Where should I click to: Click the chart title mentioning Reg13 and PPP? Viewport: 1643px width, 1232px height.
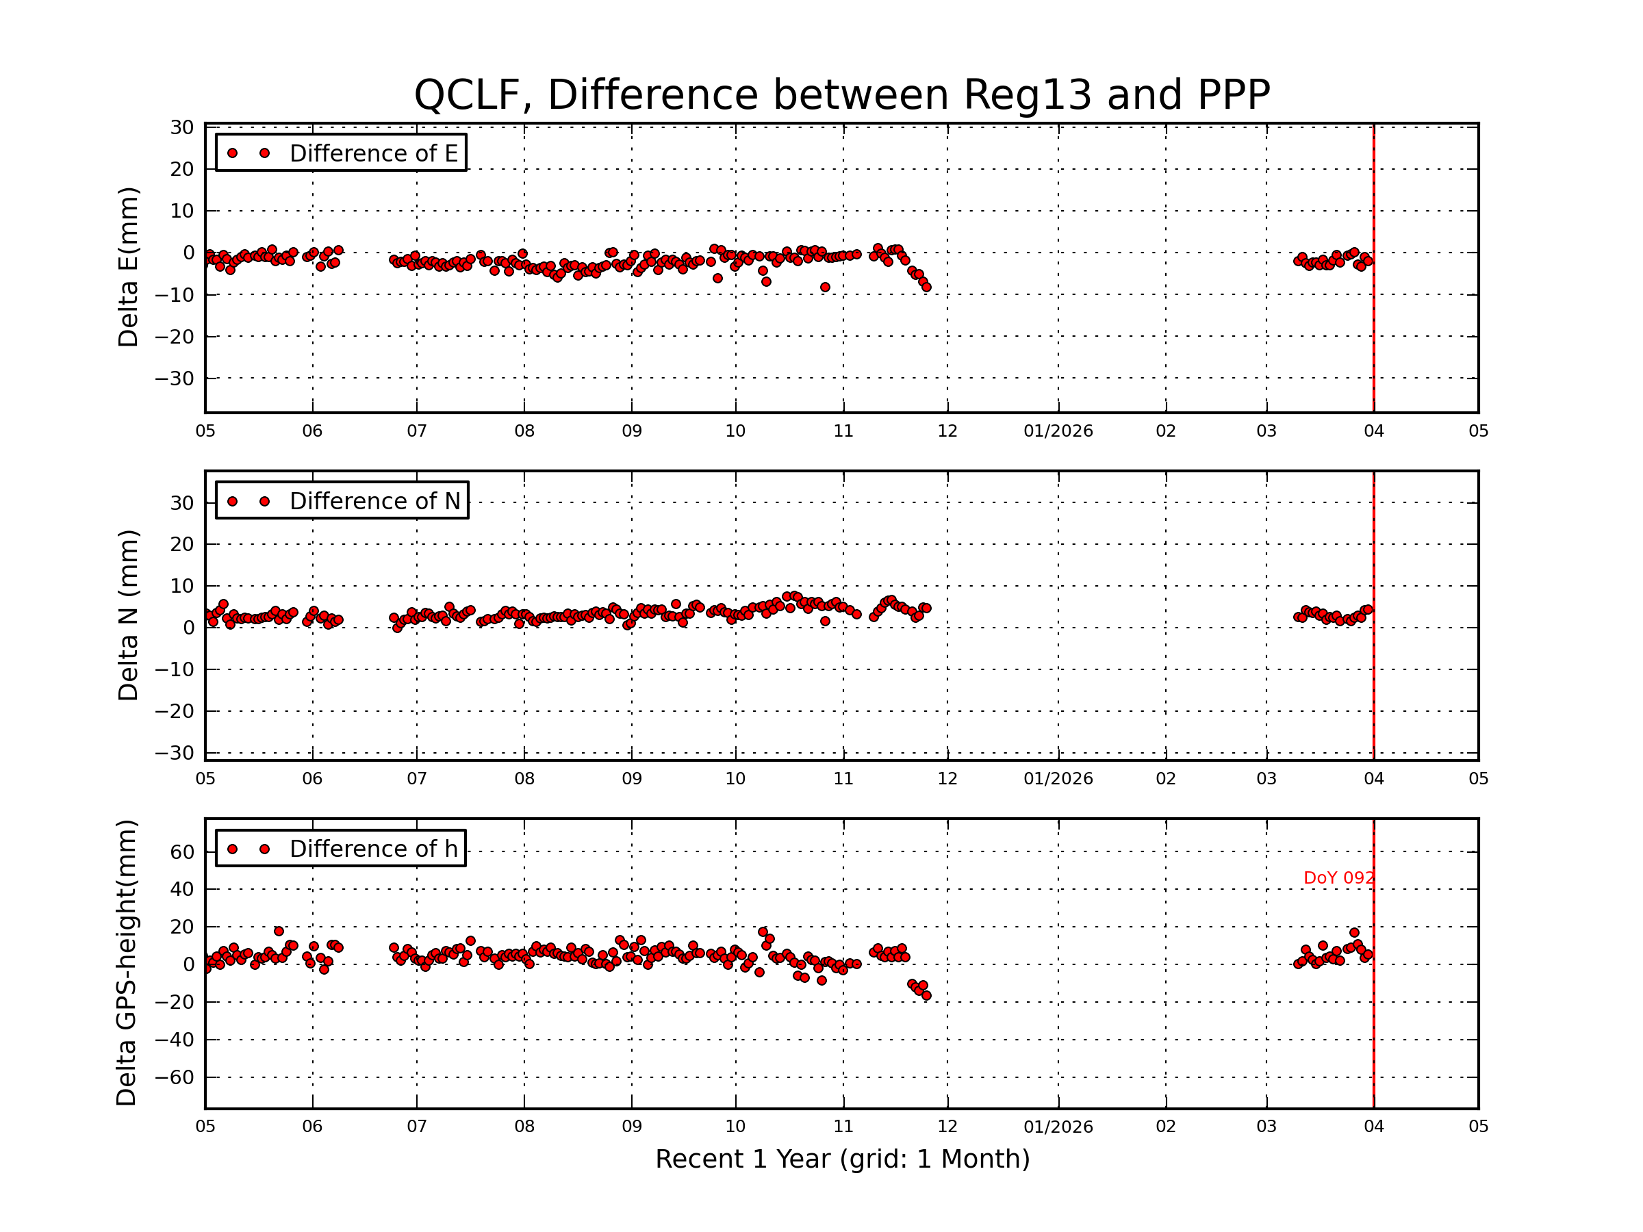point(841,95)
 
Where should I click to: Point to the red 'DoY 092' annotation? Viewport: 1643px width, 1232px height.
point(1338,877)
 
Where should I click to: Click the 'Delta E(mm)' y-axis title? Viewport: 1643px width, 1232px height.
point(128,268)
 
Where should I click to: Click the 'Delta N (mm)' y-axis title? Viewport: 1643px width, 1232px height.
point(128,615)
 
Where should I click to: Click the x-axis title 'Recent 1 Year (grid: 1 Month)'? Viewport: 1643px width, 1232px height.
point(842,1159)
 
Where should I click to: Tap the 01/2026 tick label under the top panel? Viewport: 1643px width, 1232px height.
point(1058,431)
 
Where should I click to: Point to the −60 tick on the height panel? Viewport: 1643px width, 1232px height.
point(176,1077)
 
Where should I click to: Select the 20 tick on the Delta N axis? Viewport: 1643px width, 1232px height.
point(182,544)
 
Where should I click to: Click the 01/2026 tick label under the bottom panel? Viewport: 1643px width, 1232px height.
point(1058,1127)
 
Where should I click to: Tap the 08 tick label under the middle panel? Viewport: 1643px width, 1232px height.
point(524,779)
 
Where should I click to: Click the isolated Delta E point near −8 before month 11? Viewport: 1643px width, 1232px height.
point(824,287)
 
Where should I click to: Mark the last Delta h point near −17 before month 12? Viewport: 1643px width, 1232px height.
point(926,996)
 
